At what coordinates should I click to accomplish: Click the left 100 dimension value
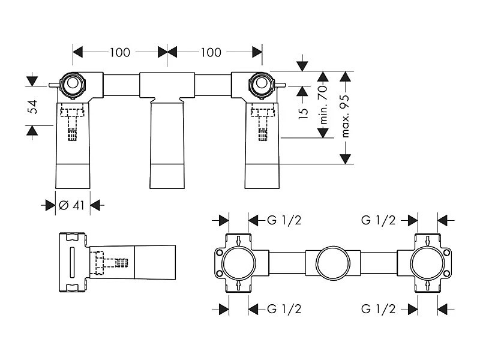click(x=120, y=52)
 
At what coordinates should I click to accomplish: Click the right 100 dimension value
click(x=211, y=52)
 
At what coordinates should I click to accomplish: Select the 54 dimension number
click(x=32, y=107)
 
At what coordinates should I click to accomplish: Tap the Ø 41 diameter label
click(x=71, y=205)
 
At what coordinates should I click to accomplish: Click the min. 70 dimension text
click(x=323, y=104)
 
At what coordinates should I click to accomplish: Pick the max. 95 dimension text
click(x=345, y=116)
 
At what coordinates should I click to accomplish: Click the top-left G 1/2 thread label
click(x=284, y=220)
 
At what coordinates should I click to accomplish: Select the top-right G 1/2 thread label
click(x=379, y=220)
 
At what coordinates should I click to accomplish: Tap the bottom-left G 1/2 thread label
click(x=284, y=309)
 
